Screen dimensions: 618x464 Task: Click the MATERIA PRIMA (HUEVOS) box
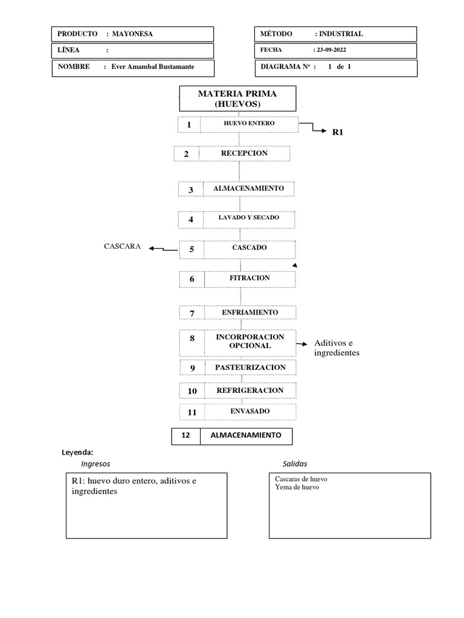(237, 99)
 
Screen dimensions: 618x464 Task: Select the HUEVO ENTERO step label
(249, 124)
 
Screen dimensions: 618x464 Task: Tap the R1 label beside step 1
(338, 131)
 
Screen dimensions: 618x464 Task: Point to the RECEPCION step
(243, 153)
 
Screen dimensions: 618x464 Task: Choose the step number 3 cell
(191, 190)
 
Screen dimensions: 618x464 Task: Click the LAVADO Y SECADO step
(249, 218)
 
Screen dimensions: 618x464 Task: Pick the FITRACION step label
(249, 279)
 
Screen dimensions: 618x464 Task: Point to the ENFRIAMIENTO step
(249, 313)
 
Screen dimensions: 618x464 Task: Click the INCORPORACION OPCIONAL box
(249, 342)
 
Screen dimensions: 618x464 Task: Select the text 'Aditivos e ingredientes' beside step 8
(337, 348)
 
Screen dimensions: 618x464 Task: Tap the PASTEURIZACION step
(250, 368)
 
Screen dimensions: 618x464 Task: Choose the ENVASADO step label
(249, 412)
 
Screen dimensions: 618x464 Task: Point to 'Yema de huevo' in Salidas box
(297, 488)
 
